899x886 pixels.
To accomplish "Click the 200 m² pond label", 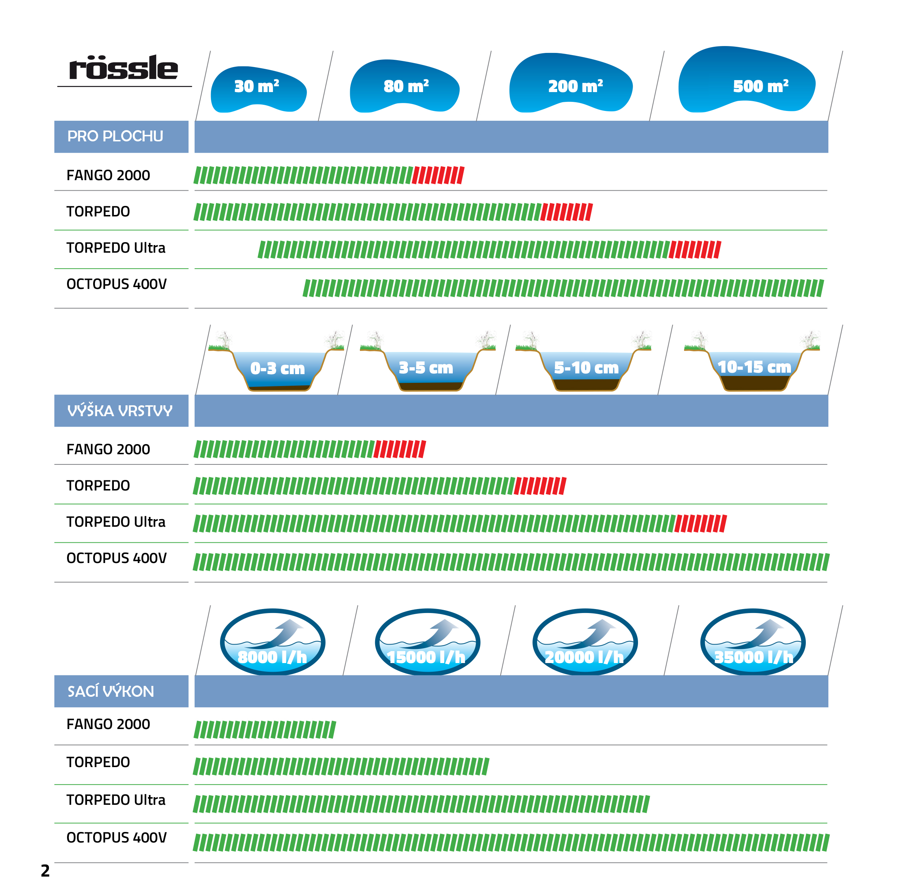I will pos(575,86).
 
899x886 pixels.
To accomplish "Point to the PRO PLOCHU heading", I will pos(115,136).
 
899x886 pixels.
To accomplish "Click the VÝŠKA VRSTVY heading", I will pos(120,410).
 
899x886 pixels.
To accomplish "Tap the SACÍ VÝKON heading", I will pos(111,691).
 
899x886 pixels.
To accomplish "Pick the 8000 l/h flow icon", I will pos(273,642).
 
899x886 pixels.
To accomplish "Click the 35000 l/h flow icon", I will pos(753,642).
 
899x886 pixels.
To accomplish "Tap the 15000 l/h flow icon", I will pos(427,642).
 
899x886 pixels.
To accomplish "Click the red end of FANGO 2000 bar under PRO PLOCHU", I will pos(438,175).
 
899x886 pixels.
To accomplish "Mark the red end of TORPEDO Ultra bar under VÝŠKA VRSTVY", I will pos(700,523).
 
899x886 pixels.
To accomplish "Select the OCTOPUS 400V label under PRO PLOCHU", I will pos(116,284).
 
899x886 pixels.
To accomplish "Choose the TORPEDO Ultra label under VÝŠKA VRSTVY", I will pos(116,522).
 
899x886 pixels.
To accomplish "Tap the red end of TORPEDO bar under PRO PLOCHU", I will pos(566,212).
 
